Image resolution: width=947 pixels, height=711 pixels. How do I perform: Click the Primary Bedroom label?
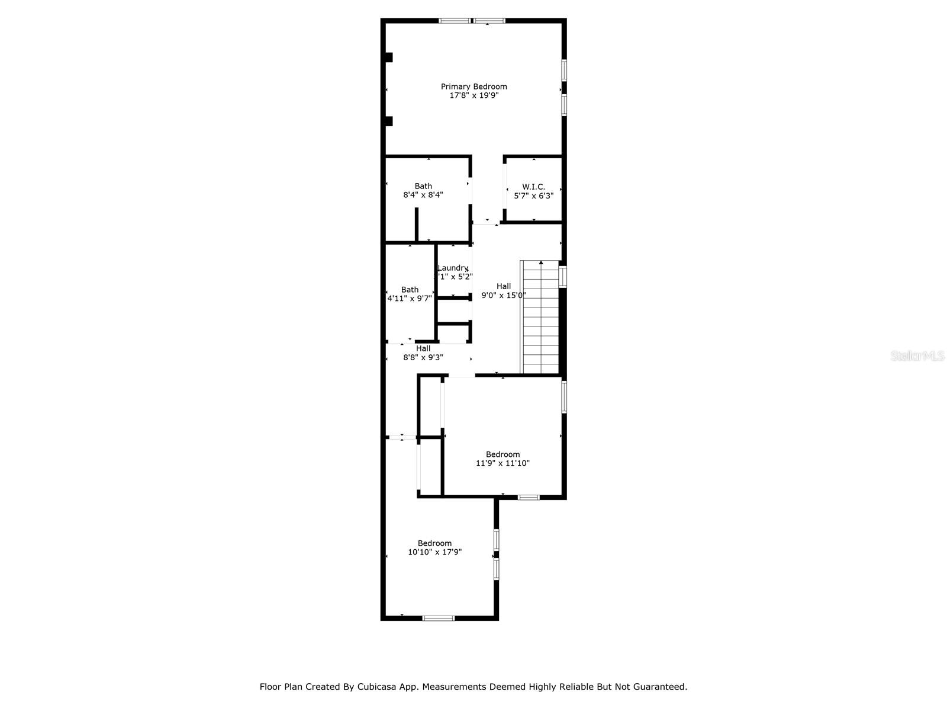(x=474, y=87)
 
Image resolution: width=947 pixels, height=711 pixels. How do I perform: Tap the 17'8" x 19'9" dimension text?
(x=474, y=95)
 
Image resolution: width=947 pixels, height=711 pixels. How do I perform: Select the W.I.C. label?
(x=533, y=187)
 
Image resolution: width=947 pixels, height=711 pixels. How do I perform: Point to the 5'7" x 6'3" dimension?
(x=533, y=196)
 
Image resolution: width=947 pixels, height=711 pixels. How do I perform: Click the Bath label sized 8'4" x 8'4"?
(x=423, y=186)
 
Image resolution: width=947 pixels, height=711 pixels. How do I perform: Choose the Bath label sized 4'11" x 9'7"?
(x=410, y=290)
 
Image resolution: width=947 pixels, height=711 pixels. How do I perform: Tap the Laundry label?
(x=453, y=268)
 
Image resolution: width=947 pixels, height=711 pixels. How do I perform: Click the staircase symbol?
(x=540, y=317)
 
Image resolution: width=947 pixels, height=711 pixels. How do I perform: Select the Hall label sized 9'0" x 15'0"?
(x=504, y=286)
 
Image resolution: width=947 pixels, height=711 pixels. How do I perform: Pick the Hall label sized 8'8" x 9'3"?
(x=423, y=348)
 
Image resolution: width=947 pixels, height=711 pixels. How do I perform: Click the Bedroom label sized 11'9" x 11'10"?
(x=503, y=454)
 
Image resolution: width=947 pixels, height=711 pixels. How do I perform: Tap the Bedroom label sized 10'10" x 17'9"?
(x=434, y=543)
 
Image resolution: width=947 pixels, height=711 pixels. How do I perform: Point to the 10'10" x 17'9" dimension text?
(x=434, y=552)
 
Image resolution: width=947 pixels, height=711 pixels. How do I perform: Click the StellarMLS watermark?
(x=917, y=356)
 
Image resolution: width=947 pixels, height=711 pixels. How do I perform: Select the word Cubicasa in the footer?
(x=378, y=687)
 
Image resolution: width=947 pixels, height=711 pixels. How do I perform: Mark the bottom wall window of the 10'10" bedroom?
(x=439, y=619)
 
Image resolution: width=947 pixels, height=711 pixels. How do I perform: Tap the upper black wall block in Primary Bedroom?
(x=389, y=57)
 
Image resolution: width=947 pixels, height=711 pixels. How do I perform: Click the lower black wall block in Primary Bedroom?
(x=389, y=121)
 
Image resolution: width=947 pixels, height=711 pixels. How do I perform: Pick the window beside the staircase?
(x=563, y=277)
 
